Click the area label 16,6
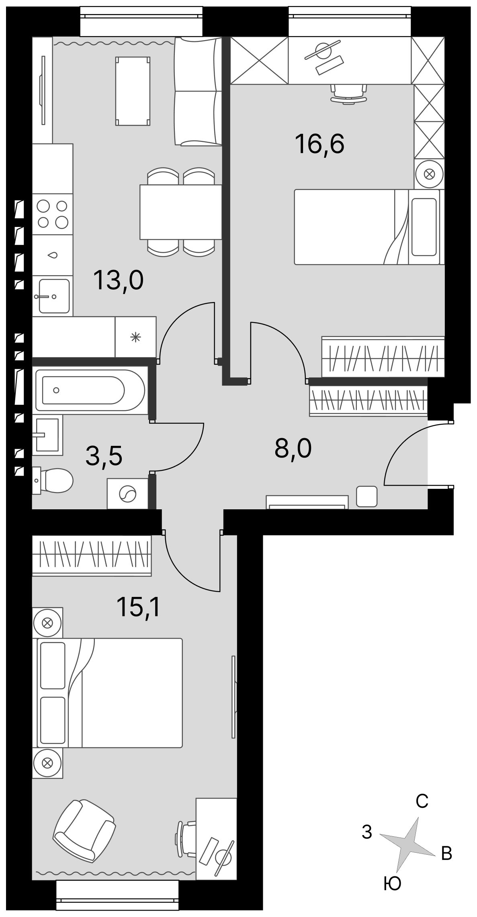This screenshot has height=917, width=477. point(319,144)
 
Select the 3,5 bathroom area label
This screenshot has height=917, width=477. point(104,456)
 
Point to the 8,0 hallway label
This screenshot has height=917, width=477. point(293,448)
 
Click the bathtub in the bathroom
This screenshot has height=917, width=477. point(90,390)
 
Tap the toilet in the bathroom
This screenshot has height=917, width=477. point(53,480)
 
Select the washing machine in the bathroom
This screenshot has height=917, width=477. point(127,494)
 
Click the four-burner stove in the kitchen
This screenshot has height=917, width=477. point(52,214)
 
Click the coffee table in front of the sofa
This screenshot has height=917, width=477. point(133,91)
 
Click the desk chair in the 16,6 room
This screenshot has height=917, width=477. point(348,94)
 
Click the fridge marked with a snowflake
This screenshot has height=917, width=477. point(135,337)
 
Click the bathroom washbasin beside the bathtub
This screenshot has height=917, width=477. point(47,435)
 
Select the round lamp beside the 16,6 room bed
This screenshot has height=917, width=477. point(429,174)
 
